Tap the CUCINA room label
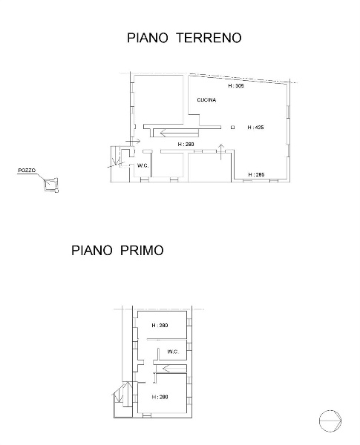[206, 100]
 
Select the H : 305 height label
[235, 86]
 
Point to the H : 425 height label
[256, 128]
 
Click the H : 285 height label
[256, 174]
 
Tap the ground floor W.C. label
[143, 165]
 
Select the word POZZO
[26, 171]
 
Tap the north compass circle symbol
[329, 423]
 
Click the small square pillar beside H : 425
[233, 128]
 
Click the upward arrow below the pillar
[222, 151]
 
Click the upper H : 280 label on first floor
[160, 326]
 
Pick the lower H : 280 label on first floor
[160, 397]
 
